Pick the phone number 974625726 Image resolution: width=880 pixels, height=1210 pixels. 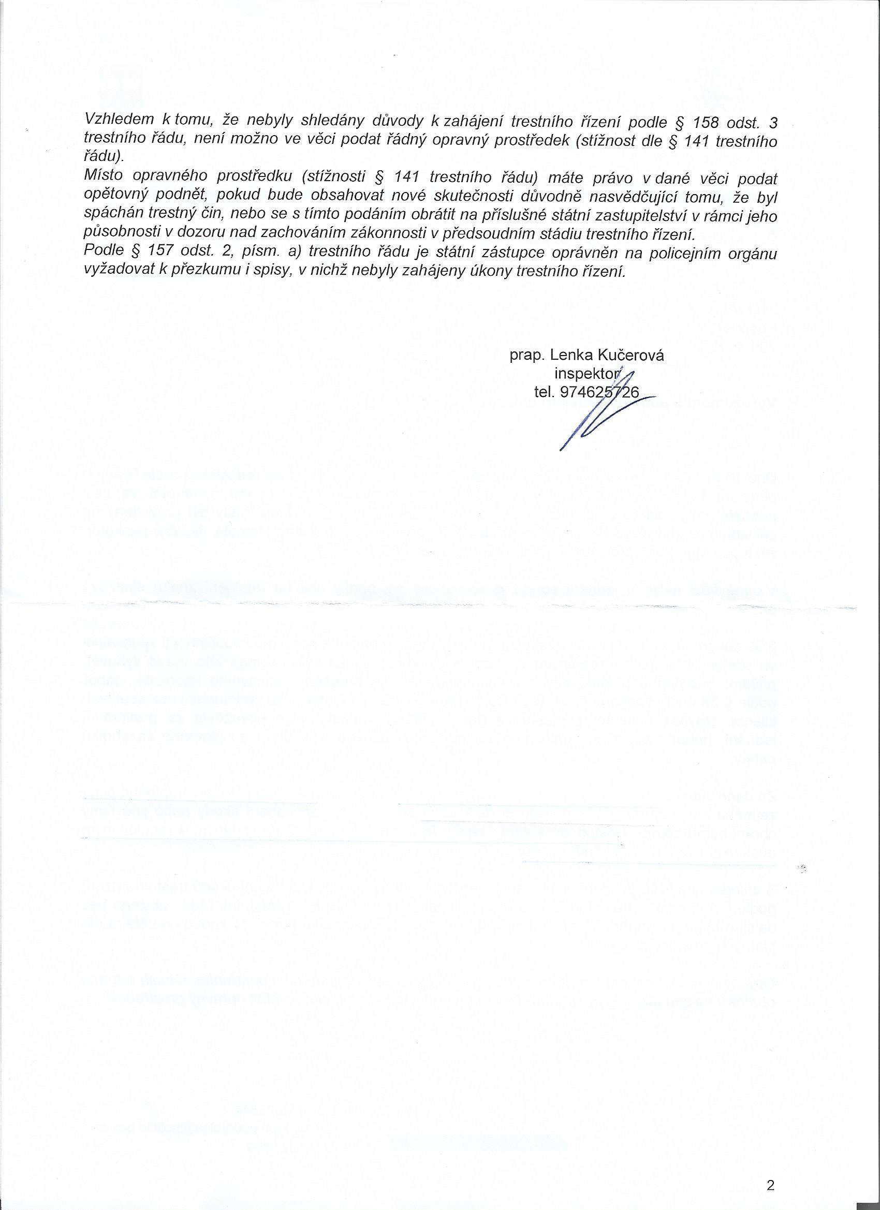599,393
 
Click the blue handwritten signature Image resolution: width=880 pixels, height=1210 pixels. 598,416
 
